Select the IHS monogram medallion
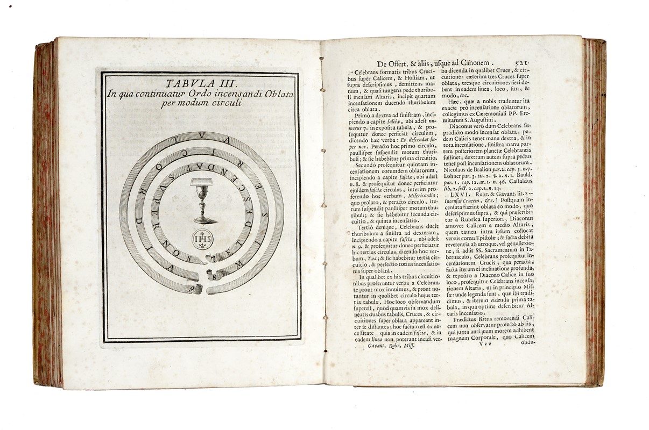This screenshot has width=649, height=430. [x=202, y=238]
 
